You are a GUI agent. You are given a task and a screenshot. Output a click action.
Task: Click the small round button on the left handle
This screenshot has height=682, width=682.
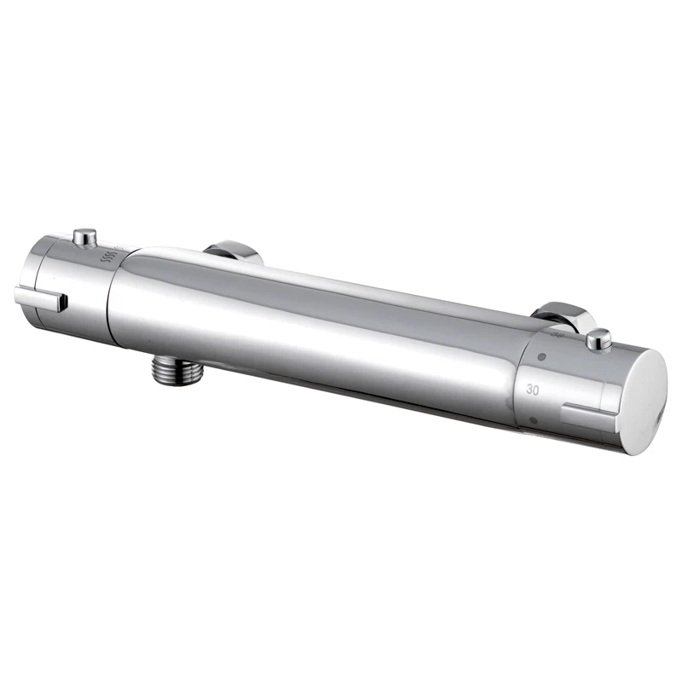[x=84, y=235]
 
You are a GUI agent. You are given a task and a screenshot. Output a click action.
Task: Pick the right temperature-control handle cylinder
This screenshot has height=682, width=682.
[x=567, y=384]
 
